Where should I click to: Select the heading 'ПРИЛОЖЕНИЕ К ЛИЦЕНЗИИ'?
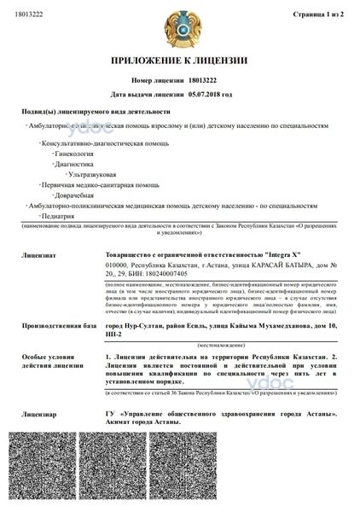click(x=181, y=61)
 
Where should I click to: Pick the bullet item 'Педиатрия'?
click(x=67, y=216)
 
